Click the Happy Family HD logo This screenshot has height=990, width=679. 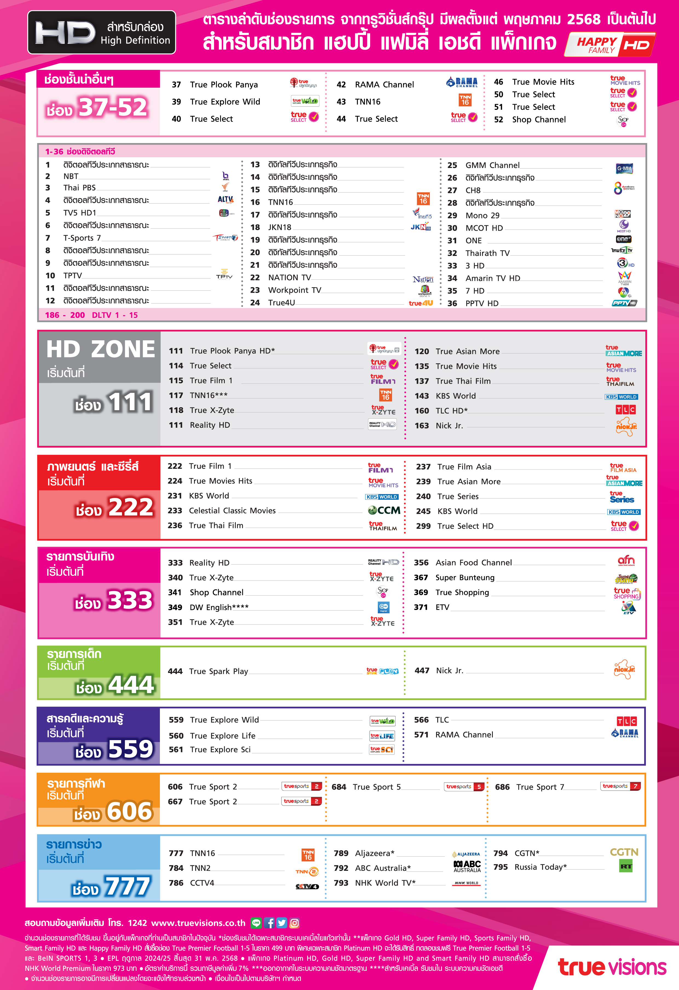(610, 45)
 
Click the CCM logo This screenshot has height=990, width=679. (384, 510)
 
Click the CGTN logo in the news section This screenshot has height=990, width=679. (624, 852)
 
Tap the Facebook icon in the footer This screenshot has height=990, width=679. (269, 923)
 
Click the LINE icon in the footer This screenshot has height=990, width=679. (256, 923)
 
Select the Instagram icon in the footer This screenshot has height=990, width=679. (294, 923)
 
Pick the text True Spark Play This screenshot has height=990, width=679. (218, 671)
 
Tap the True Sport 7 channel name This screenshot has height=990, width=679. (540, 787)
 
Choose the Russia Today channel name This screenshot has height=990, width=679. (540, 867)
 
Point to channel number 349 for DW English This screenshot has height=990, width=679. (175, 607)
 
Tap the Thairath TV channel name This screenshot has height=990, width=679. (487, 253)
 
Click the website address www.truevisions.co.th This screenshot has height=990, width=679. (198, 923)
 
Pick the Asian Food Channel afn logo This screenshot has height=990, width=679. (626, 561)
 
